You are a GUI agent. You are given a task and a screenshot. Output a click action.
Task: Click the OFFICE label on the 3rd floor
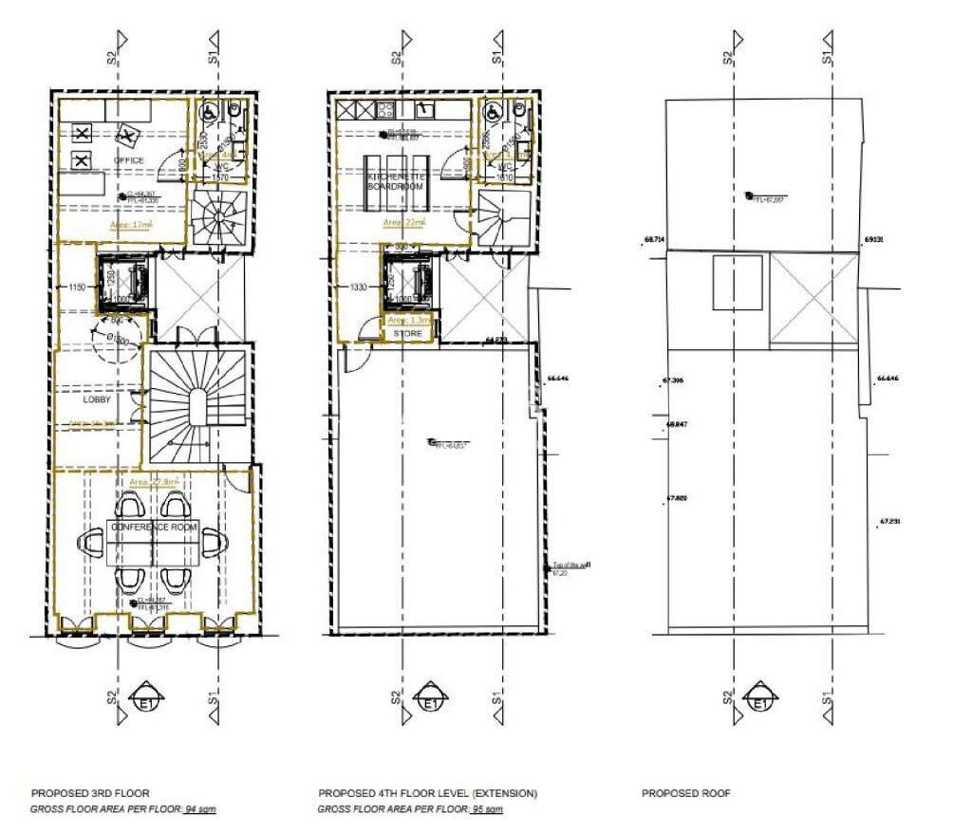(129, 160)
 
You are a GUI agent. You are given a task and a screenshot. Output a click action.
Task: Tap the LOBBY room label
(98, 400)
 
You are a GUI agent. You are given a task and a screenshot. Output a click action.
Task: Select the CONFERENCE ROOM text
(154, 527)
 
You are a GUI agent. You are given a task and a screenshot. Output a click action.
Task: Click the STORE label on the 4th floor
(407, 334)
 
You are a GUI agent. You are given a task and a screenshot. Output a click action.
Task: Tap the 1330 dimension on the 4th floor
(359, 287)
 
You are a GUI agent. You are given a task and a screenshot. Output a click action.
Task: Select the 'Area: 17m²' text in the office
(133, 225)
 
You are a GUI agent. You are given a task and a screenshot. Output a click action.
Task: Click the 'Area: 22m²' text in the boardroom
(405, 222)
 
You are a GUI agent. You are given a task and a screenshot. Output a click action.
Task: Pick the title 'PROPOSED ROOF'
(685, 793)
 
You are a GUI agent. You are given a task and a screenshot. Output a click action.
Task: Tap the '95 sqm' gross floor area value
(486, 809)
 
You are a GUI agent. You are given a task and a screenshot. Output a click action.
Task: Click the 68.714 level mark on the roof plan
(653, 241)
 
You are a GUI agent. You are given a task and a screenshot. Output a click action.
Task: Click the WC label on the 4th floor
(505, 167)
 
